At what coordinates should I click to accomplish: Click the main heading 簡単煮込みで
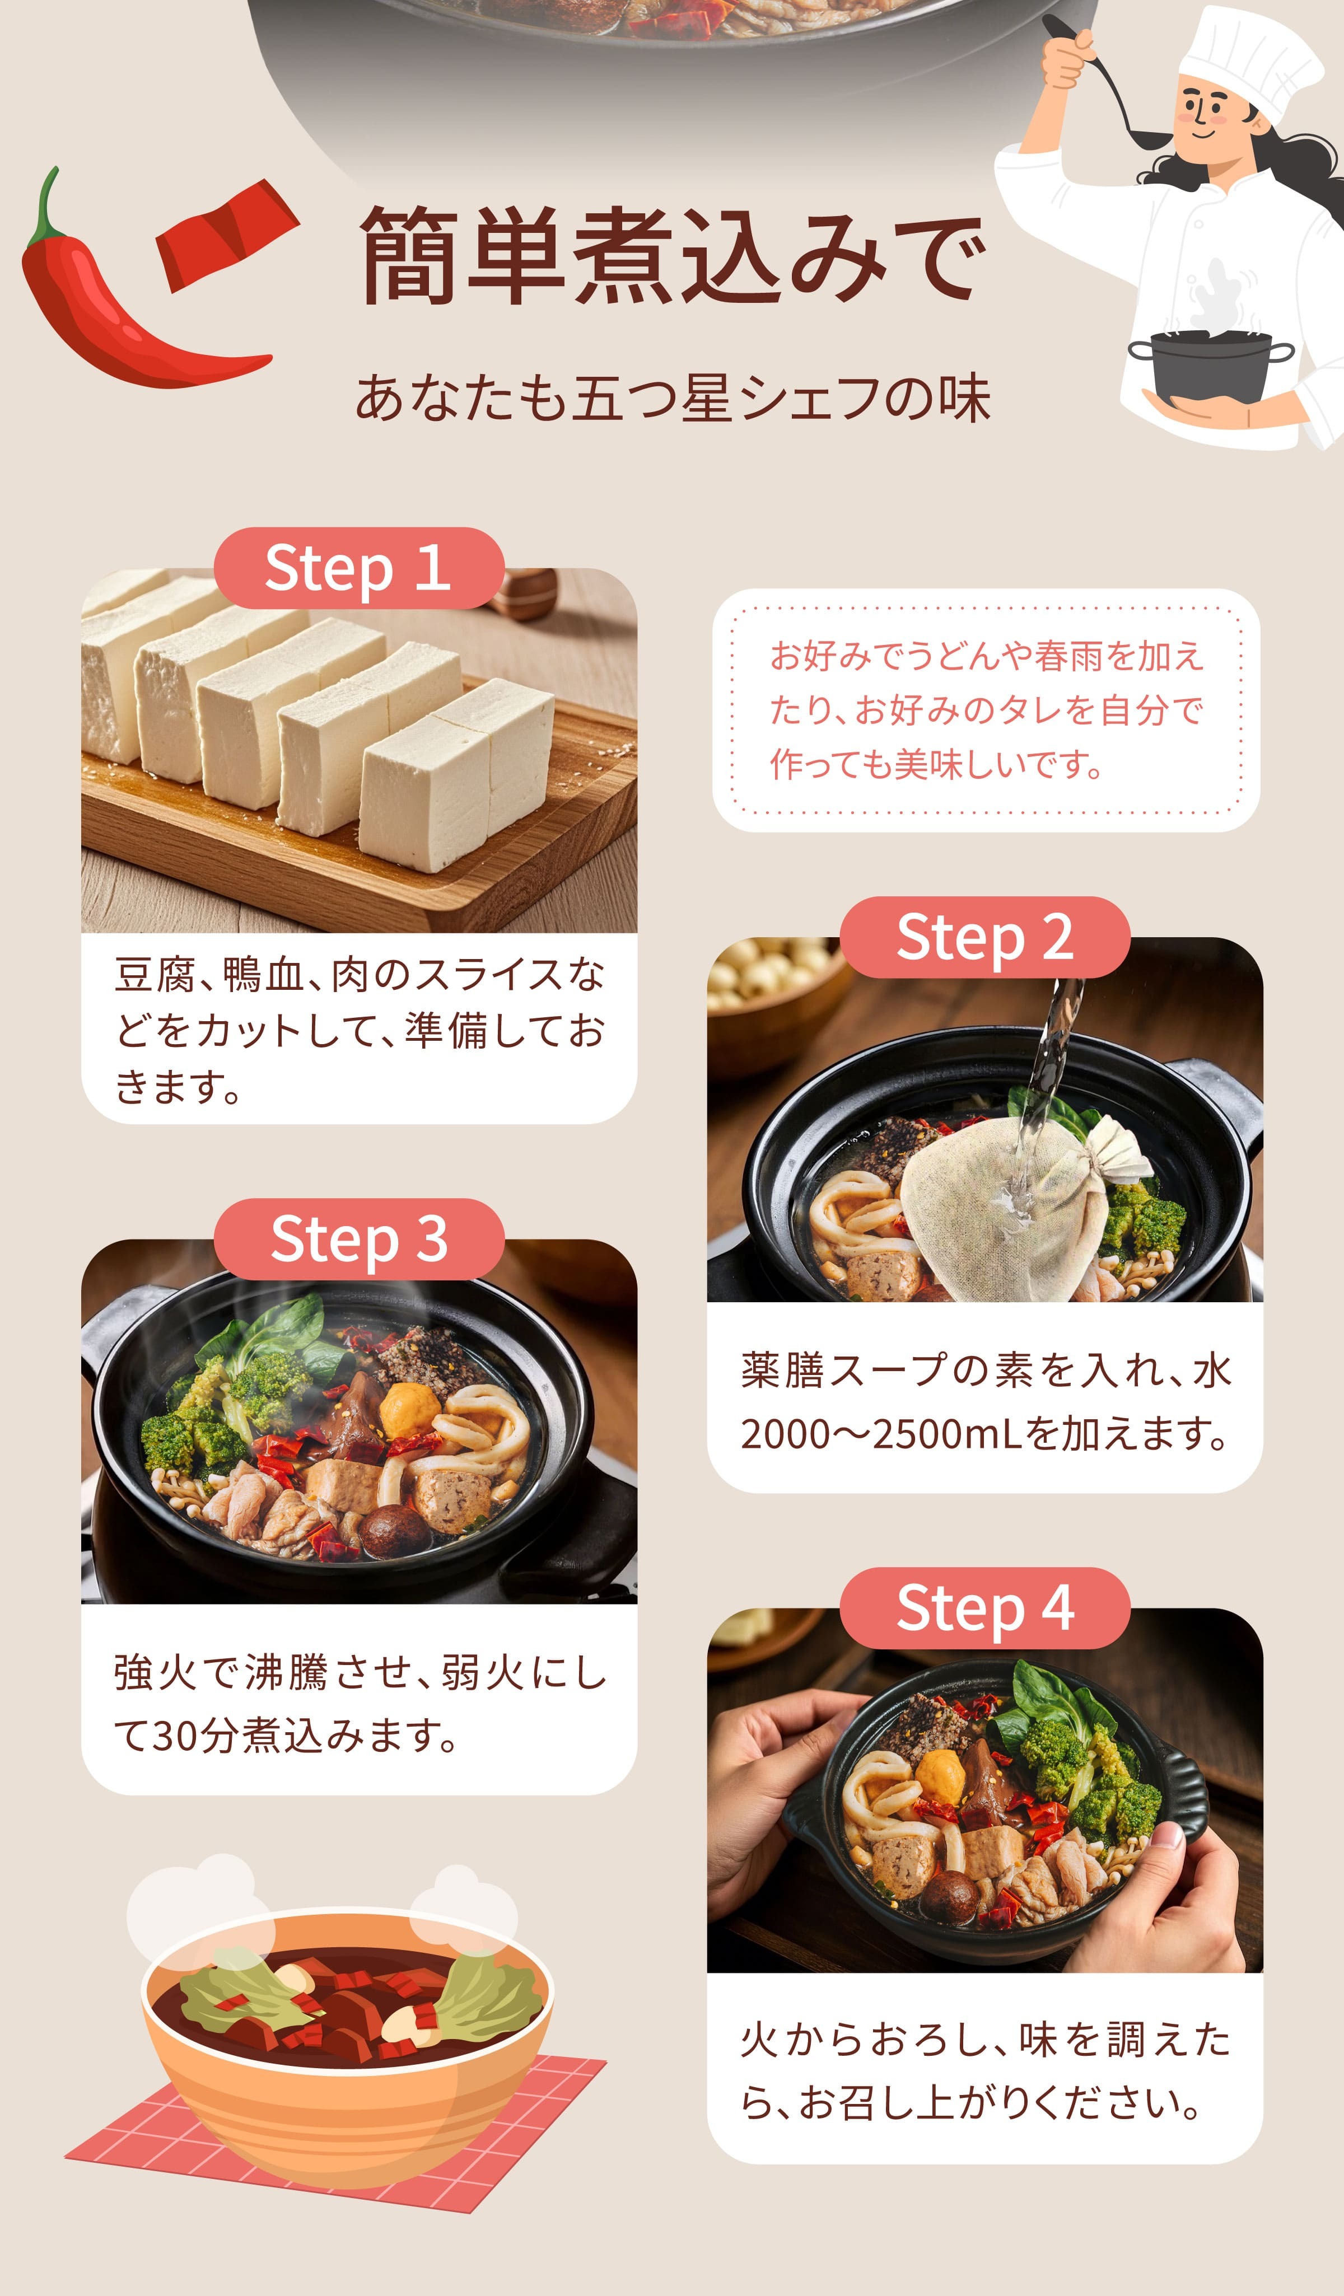671,255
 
